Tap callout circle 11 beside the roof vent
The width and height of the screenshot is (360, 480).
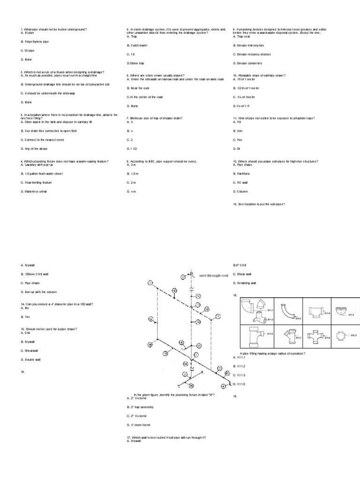(x=184, y=277)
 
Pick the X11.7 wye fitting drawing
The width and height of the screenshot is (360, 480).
(x=287, y=336)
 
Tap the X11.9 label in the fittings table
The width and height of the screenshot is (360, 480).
(x=353, y=336)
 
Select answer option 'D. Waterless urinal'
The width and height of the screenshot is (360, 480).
(x=34, y=192)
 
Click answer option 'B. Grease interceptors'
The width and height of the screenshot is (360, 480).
(x=248, y=45)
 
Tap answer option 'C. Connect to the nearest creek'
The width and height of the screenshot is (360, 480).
(x=42, y=140)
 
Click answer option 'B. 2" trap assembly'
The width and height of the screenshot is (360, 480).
(x=141, y=407)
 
